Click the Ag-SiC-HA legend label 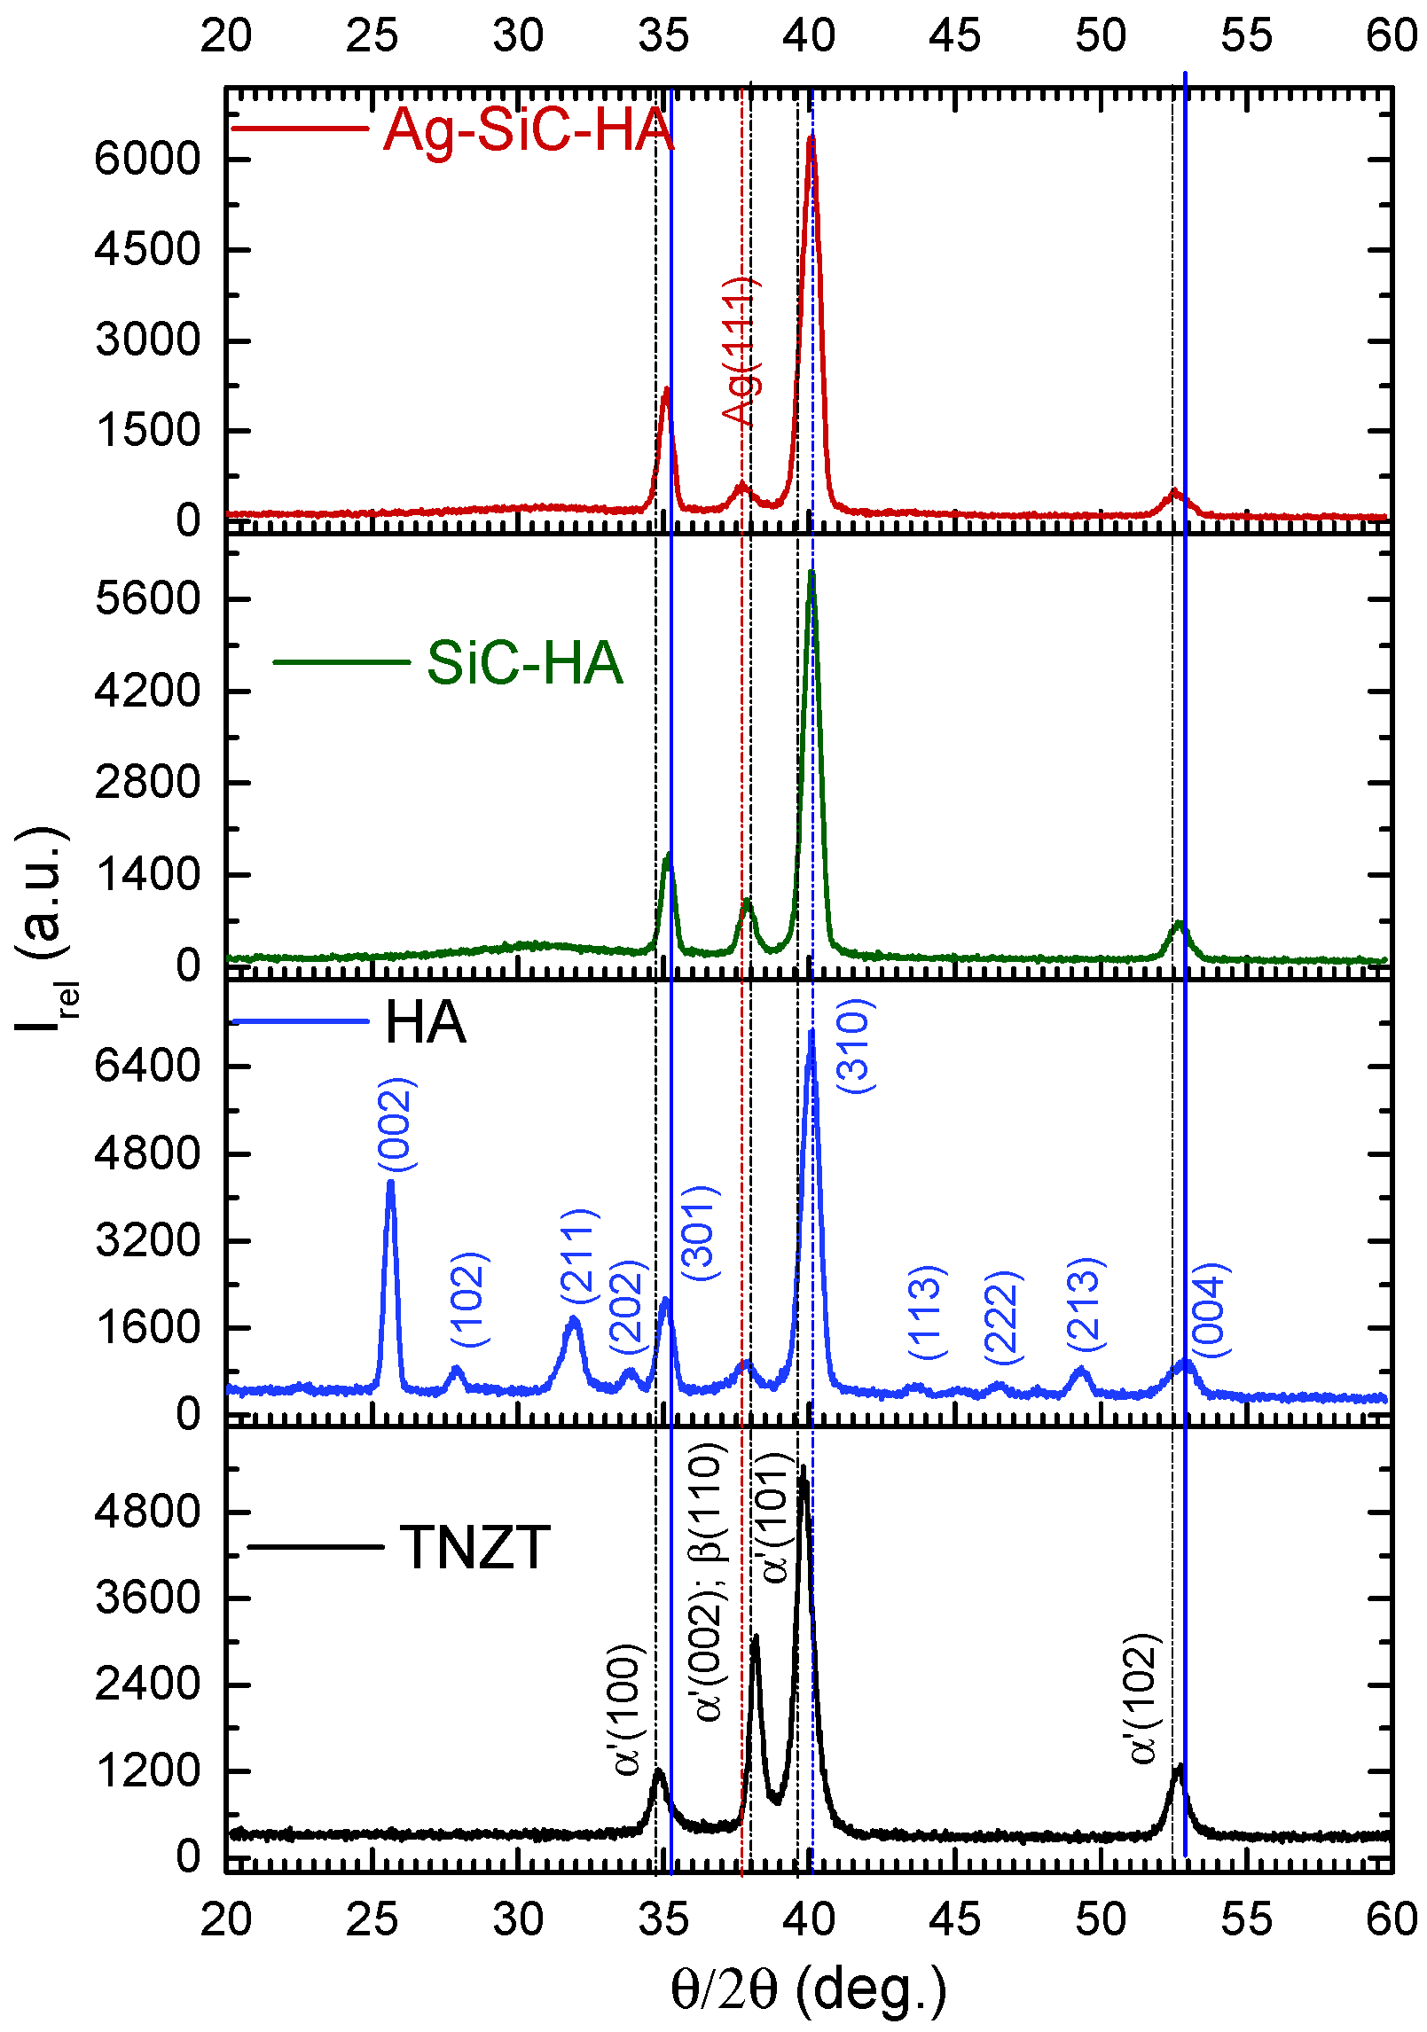529,129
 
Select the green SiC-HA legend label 524,663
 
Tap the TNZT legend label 475,1548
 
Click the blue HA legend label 425,1022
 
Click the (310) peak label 855,1046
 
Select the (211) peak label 580,1255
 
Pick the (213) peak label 1085,1304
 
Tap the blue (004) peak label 1210,1310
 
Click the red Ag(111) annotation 739,351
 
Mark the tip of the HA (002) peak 390,1183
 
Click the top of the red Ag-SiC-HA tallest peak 811,138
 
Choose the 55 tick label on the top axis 1246,36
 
